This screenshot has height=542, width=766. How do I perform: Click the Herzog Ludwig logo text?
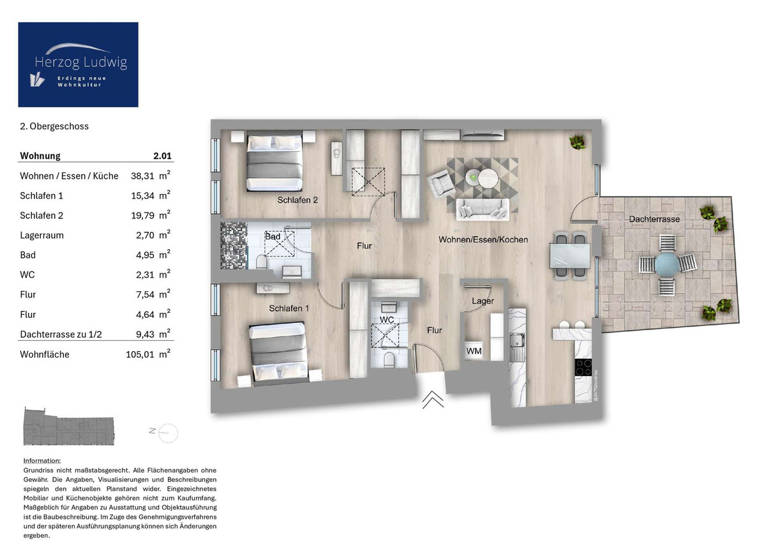point(81,62)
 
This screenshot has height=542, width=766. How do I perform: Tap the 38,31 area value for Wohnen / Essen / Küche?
point(142,176)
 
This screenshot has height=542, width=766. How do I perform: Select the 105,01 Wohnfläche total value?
point(140,354)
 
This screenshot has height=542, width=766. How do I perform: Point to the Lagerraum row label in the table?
point(41,236)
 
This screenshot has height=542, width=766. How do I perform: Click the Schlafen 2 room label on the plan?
point(297,200)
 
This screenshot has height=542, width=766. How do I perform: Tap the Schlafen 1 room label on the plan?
point(289,308)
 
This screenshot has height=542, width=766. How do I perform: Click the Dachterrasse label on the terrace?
point(654,219)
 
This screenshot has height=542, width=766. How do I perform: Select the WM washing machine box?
point(474,351)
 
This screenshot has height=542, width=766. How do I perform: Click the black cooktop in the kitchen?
point(583,367)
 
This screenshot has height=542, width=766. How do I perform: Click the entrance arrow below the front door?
point(433,400)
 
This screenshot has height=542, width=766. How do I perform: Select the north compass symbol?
point(164,433)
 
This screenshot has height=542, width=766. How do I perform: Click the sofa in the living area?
point(483,209)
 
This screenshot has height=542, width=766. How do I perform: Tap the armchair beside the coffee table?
point(442,184)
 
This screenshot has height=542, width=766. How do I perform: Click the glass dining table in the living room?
point(569,255)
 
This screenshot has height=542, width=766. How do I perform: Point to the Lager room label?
point(483,301)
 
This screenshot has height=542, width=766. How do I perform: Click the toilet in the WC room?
point(389,360)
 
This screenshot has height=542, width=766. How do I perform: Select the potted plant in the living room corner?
point(578,142)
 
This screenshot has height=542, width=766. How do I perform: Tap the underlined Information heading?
point(42,461)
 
